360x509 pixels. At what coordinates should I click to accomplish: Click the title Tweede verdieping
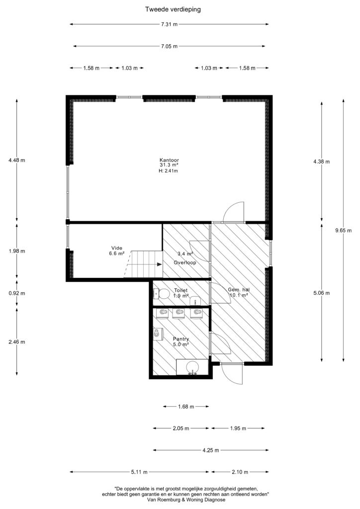coord(173,9)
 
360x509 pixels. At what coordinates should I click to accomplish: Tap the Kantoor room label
coord(169,160)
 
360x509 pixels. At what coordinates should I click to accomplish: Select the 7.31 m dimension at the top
coord(169,24)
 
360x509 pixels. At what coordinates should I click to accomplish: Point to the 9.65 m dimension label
coord(344,231)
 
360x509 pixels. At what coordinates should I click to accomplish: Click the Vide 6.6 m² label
coord(117,251)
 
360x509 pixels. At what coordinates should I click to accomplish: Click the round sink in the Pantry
coord(193,367)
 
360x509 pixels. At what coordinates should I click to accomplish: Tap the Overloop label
coord(184,262)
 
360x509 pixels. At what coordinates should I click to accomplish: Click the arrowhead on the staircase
coord(160,264)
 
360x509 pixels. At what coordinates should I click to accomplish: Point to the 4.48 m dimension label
coord(17,160)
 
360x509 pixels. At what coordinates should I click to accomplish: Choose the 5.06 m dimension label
coord(321,293)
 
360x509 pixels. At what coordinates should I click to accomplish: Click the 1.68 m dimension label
coord(186,407)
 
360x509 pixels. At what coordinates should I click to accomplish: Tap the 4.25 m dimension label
coord(211,450)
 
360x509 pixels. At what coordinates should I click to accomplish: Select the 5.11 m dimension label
coord(139,472)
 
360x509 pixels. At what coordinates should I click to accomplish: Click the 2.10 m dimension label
coord(240,472)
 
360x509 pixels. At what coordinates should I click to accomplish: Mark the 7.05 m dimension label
coord(169,46)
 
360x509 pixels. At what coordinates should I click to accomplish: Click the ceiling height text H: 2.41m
coord(168,171)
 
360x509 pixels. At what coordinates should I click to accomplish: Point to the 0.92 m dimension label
coord(17,293)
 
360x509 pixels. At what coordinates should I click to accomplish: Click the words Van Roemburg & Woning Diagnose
coord(186,500)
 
